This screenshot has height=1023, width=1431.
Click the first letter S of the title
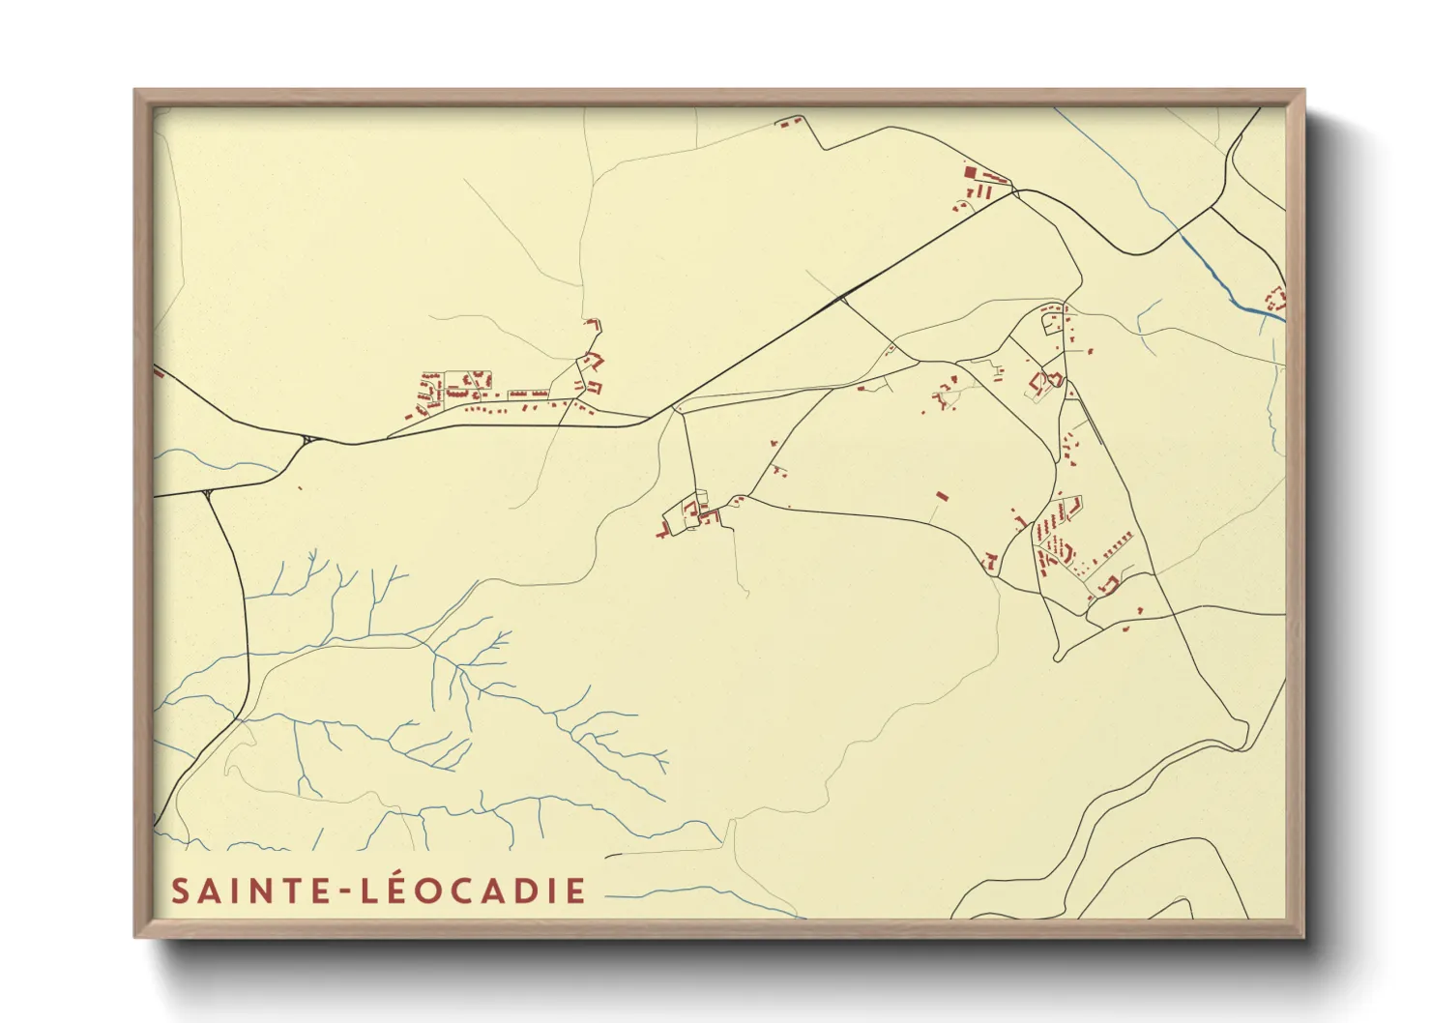[179, 891]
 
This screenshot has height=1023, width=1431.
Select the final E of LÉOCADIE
[576, 891]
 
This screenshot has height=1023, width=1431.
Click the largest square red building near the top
[970, 172]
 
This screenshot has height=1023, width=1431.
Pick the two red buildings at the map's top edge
[787, 123]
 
